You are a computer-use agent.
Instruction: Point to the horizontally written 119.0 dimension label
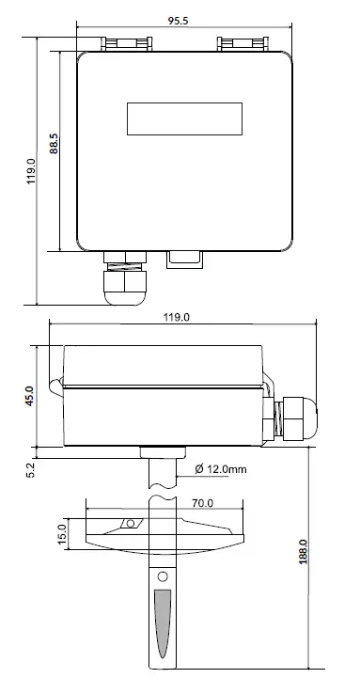click(177, 318)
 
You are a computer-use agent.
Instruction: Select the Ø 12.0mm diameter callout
click(222, 468)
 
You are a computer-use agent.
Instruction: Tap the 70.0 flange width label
click(204, 504)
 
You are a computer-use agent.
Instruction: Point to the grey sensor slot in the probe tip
click(163, 624)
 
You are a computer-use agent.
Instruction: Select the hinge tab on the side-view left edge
click(56, 386)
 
